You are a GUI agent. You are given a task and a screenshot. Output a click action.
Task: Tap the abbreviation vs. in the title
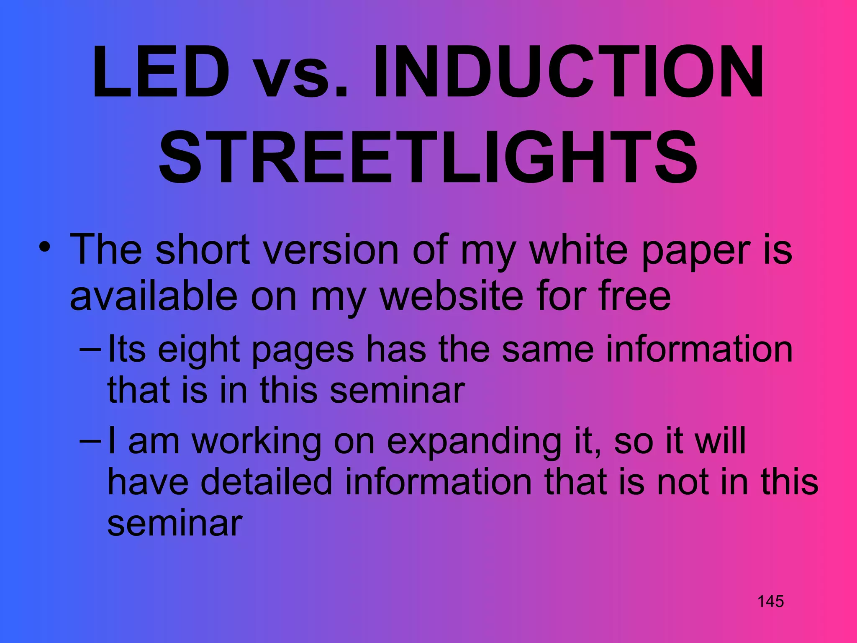[301, 72]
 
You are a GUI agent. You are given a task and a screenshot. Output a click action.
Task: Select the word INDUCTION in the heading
[568, 72]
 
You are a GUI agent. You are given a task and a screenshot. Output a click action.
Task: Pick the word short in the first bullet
[203, 250]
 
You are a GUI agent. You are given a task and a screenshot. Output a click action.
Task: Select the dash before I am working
[90, 441]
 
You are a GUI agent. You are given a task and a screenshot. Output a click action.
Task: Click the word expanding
[474, 442]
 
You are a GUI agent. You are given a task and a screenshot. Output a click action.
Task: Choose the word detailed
[266, 482]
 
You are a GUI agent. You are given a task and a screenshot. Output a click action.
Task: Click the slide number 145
[770, 602]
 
